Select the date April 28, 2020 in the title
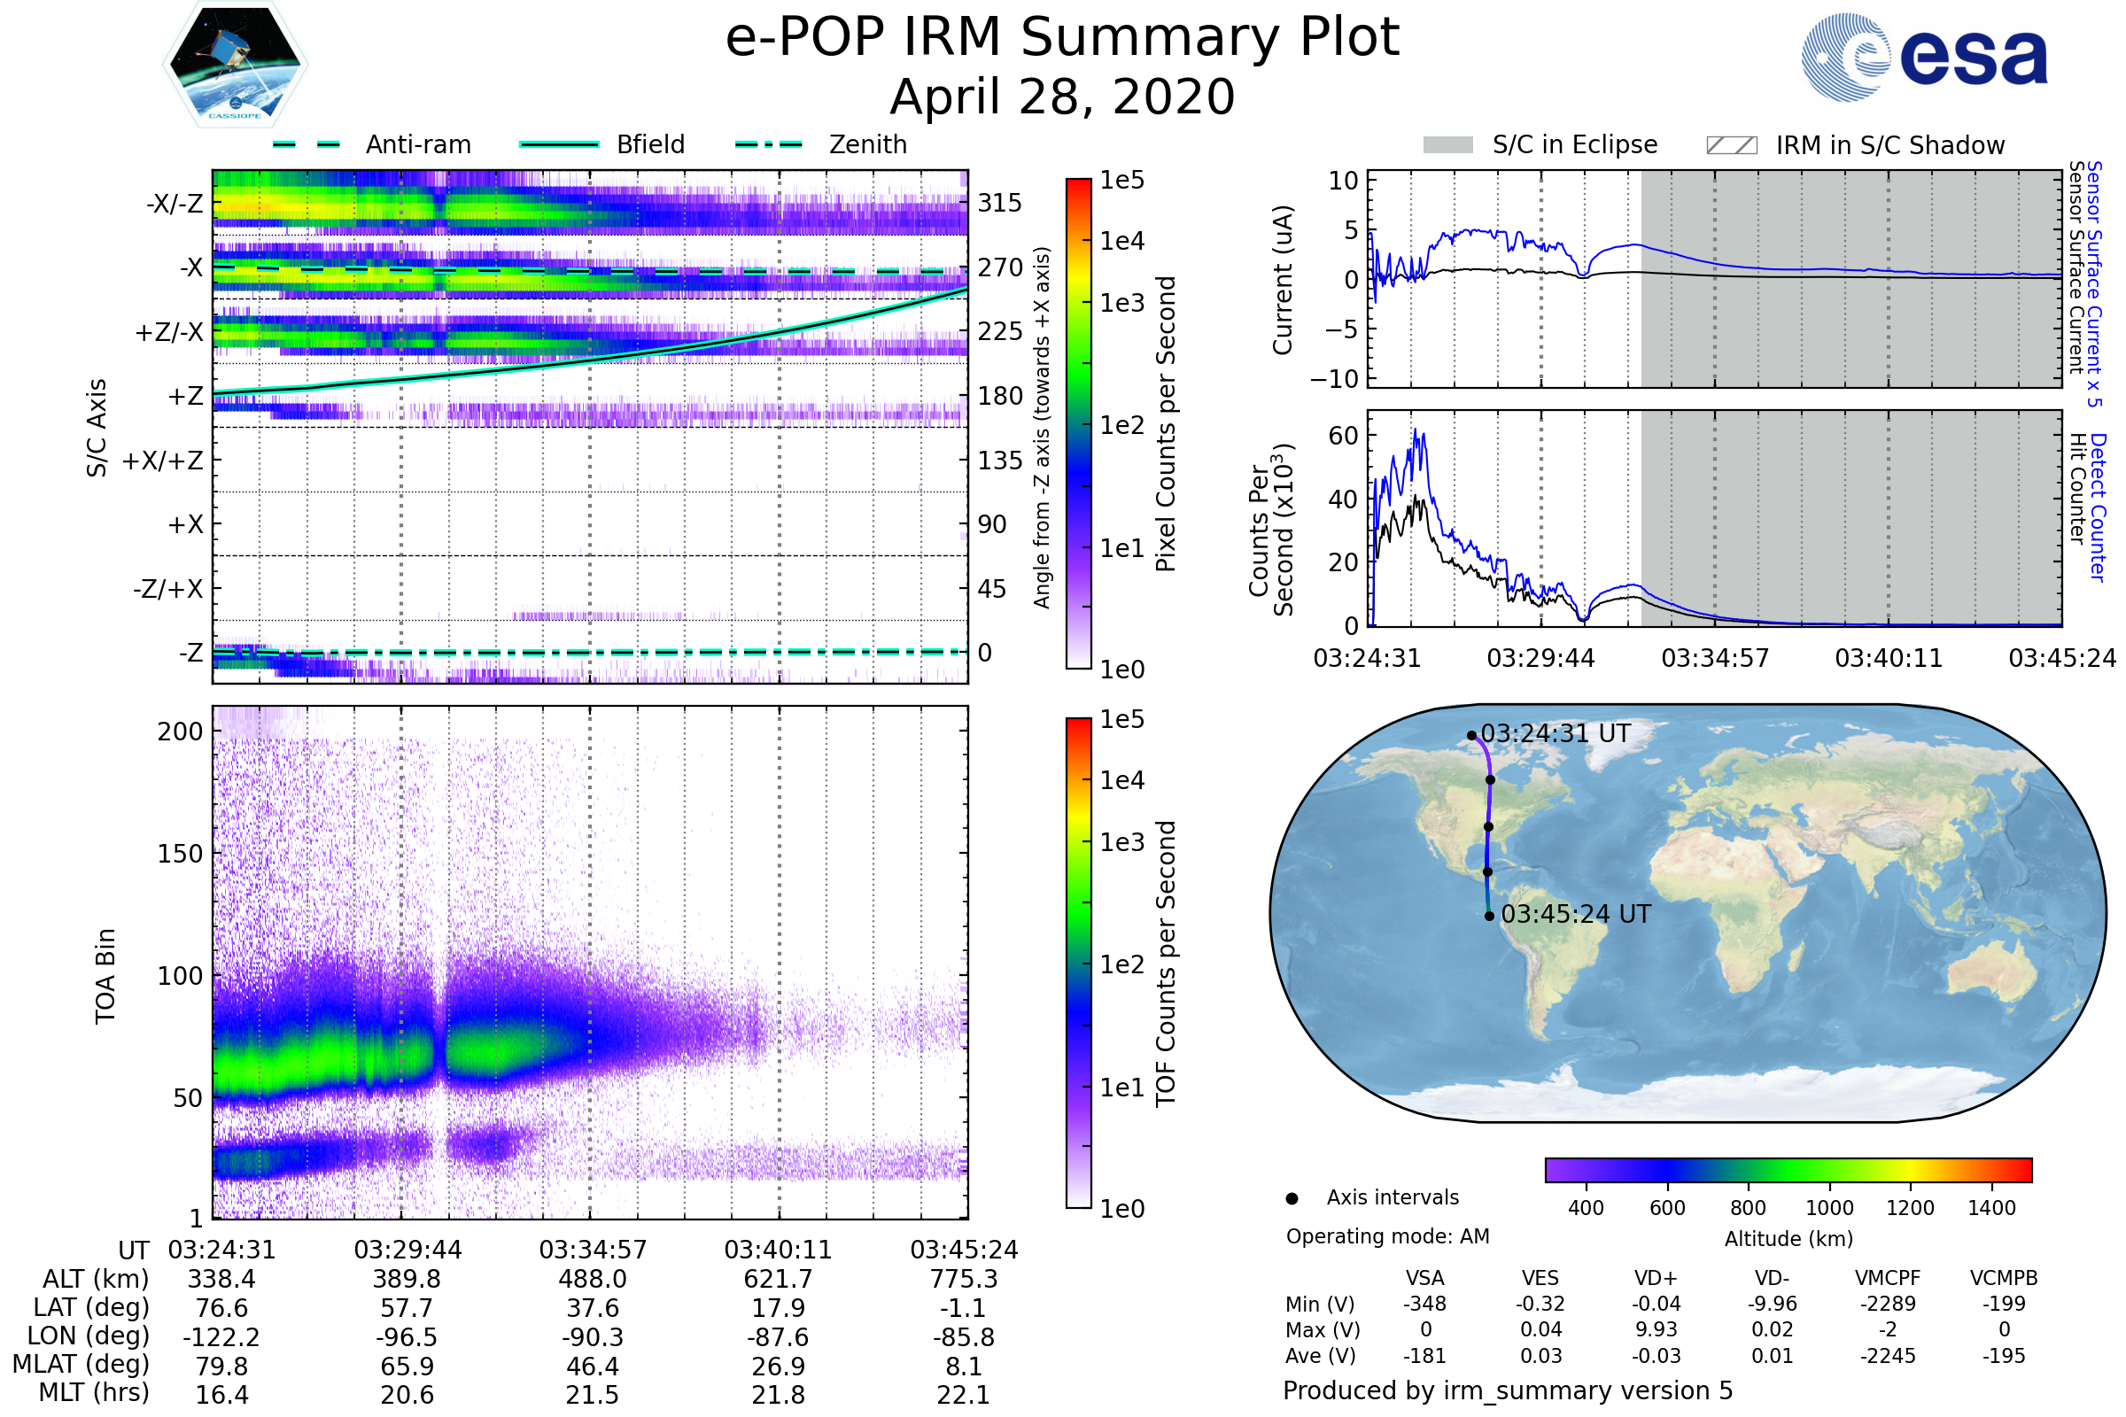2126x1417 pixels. (1062, 97)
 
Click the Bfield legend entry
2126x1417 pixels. (650, 144)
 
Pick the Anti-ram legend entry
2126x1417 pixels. (417, 144)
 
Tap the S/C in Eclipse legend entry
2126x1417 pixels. (1574, 144)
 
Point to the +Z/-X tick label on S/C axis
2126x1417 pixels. (169, 333)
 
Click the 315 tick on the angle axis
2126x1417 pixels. (999, 204)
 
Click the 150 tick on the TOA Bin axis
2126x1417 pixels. (180, 854)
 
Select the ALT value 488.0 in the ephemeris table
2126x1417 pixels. (592, 1280)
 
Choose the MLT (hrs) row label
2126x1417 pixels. (93, 1392)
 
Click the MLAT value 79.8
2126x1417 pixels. (221, 1366)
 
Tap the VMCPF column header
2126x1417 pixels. (1888, 1278)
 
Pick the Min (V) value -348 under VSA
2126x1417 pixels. (1424, 1304)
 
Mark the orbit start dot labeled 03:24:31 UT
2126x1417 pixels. (1471, 736)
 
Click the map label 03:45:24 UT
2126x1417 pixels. (1576, 915)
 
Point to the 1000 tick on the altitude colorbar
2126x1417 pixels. (1828, 1208)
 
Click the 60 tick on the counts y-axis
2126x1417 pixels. (1343, 436)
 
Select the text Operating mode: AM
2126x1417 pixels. (1387, 1236)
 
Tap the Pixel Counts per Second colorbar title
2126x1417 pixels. (1166, 424)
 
